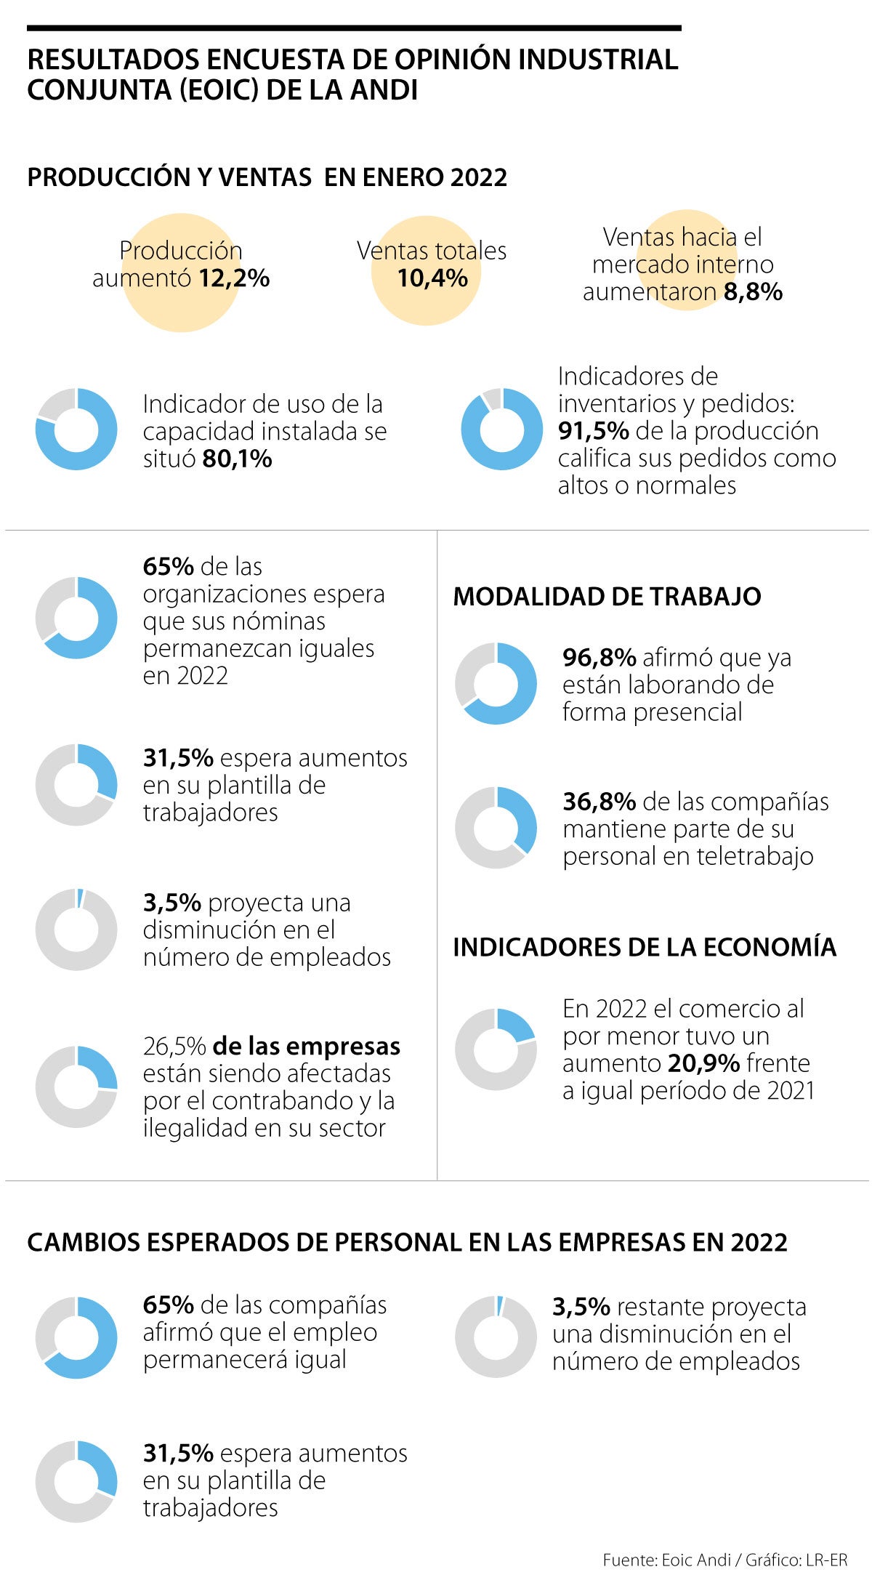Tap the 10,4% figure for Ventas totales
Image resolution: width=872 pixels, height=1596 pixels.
point(432,278)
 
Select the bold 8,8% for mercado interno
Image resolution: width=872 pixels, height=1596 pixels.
point(753,292)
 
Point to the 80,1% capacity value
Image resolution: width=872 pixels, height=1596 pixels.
point(237,459)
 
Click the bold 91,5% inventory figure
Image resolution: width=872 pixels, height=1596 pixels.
point(593,431)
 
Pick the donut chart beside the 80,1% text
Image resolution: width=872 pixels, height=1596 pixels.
point(76,430)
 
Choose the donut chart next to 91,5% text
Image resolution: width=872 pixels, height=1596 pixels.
point(502,430)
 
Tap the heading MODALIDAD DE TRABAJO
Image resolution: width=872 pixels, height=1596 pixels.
point(607,597)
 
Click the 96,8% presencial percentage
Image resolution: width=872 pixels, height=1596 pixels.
point(599,658)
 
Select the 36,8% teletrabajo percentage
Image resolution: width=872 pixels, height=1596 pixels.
point(599,802)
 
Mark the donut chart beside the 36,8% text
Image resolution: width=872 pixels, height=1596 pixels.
point(496,827)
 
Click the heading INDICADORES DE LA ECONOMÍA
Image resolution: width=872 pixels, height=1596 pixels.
point(645,948)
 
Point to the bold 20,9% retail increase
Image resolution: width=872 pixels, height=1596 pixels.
point(703,1064)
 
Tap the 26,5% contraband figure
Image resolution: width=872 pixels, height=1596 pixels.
point(174,1047)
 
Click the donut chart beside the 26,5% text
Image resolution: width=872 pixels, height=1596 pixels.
point(76,1087)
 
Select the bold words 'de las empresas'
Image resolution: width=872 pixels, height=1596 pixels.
point(306,1047)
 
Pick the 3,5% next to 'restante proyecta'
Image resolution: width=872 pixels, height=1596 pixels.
point(581,1307)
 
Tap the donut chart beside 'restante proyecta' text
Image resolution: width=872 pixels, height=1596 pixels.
point(496,1337)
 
